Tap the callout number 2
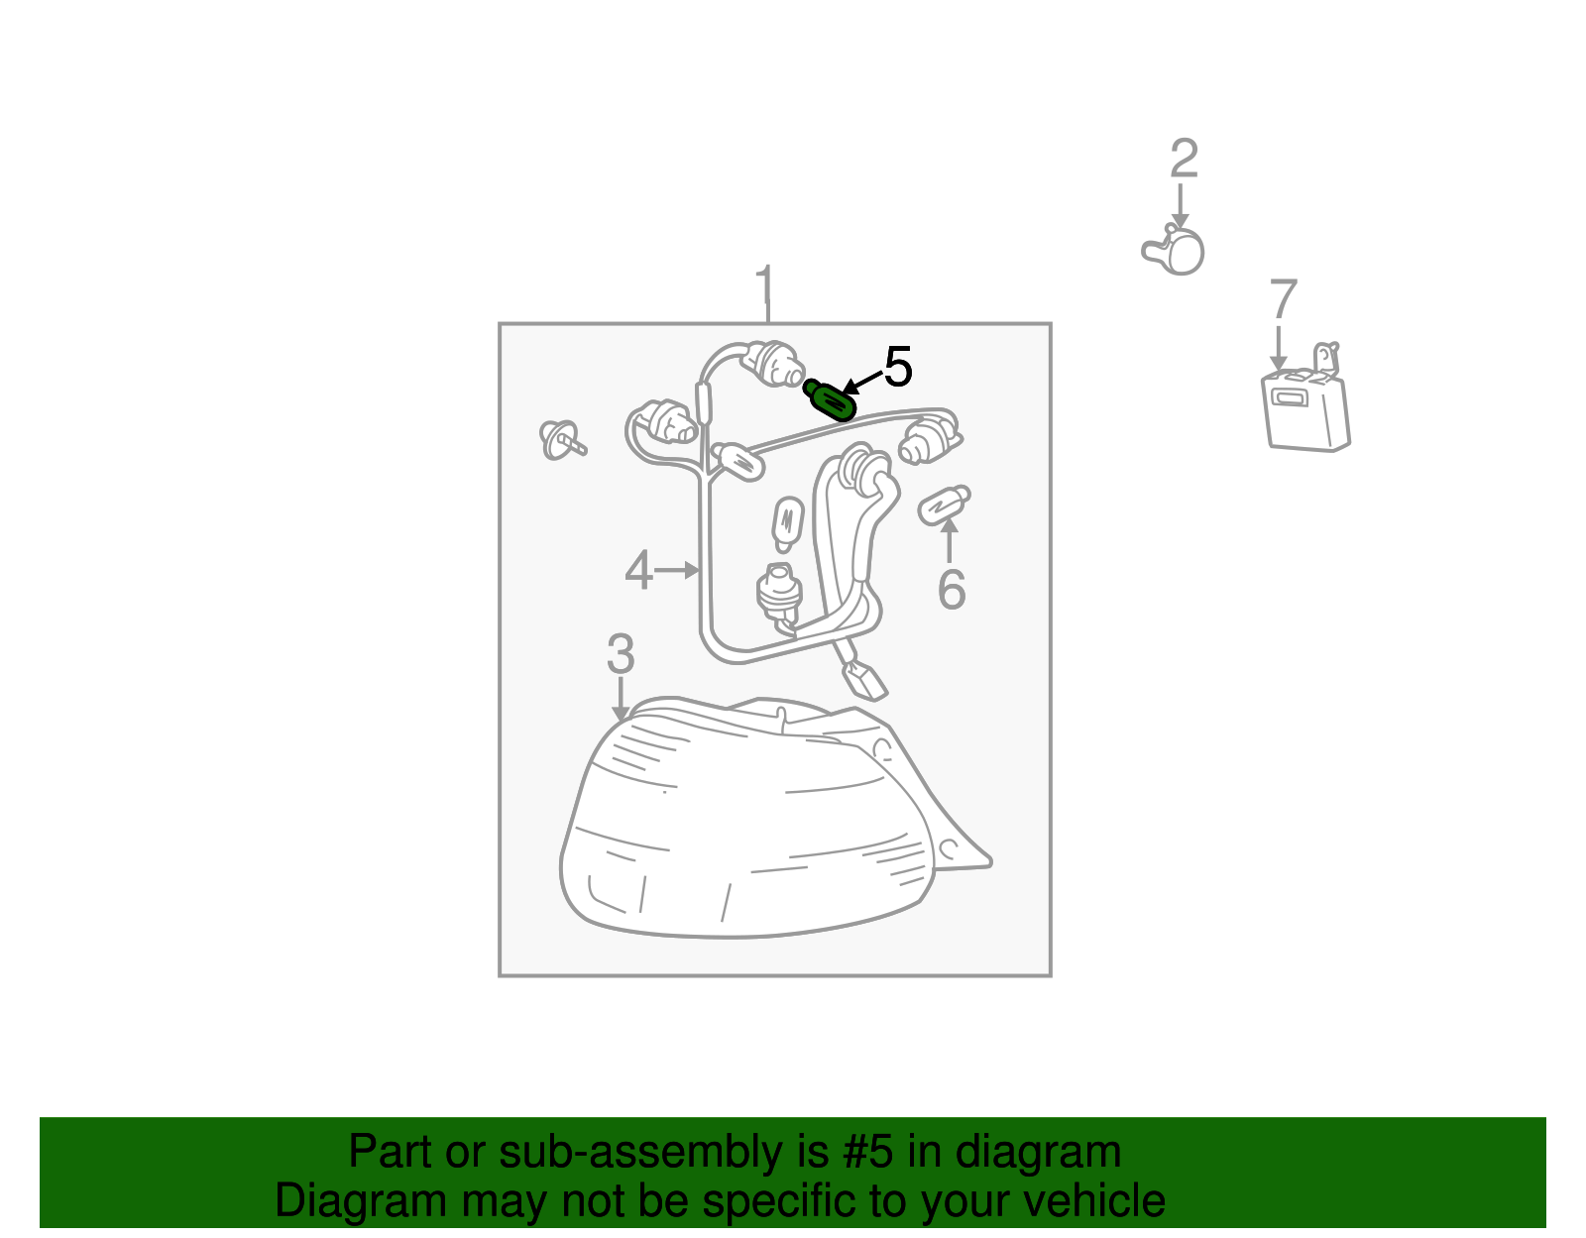1184,158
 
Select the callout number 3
621,653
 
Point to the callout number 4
638,570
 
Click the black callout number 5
898,367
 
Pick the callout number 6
951,589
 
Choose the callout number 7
1283,298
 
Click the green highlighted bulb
829,399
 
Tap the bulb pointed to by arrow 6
944,505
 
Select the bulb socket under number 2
1174,251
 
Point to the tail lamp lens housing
773,817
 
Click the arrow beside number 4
676,570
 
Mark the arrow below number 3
621,699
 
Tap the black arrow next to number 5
862,382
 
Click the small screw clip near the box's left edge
561,440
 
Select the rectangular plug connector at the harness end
865,679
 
